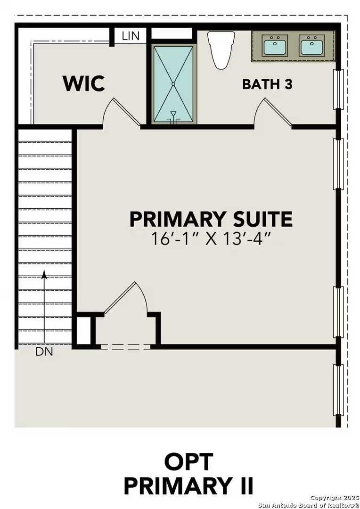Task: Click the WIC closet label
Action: tap(84, 83)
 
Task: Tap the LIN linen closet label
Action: tap(131, 36)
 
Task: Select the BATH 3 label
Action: tap(267, 84)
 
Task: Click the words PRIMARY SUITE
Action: tap(211, 220)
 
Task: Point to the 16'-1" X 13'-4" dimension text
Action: tap(211, 239)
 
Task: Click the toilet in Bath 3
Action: tap(221, 49)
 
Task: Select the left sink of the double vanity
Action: tap(275, 47)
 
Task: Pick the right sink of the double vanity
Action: tap(311, 47)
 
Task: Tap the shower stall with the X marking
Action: tap(173, 84)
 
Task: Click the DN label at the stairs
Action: tap(44, 352)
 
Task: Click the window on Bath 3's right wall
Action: tap(338, 89)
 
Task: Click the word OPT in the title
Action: tap(188, 462)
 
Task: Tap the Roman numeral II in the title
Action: tap(244, 485)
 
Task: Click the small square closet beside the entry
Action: tap(83, 330)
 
